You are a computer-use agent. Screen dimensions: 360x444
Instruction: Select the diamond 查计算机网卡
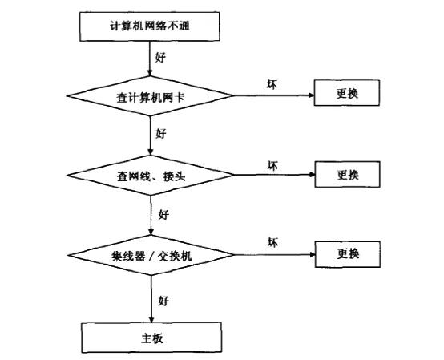tap(151, 97)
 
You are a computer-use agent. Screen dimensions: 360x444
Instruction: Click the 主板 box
tap(151, 338)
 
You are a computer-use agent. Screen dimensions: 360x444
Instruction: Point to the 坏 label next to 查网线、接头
tap(272, 165)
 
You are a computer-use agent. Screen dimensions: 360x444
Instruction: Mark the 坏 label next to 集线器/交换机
tap(272, 242)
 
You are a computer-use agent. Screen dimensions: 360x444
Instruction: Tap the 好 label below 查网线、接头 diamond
tap(163, 215)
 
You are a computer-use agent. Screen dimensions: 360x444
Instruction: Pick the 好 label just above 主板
tap(163, 301)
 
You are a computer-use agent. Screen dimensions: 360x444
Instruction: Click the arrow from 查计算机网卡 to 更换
tap(272, 96)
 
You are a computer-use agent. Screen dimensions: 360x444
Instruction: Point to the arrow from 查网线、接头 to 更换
tap(272, 175)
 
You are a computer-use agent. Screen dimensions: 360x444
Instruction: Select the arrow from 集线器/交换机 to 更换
tap(272, 255)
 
